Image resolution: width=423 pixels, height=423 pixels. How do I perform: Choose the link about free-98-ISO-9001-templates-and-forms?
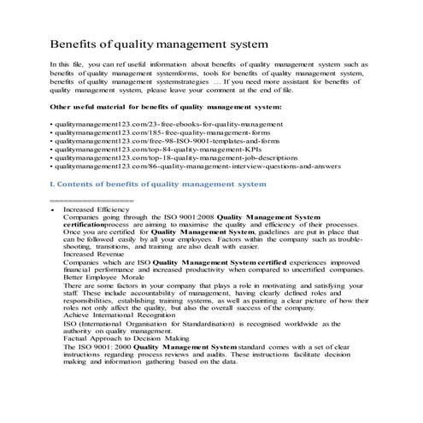click(146, 147)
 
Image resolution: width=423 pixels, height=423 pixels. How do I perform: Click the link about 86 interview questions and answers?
click(170, 180)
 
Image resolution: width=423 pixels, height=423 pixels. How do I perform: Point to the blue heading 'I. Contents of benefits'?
click(158, 196)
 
